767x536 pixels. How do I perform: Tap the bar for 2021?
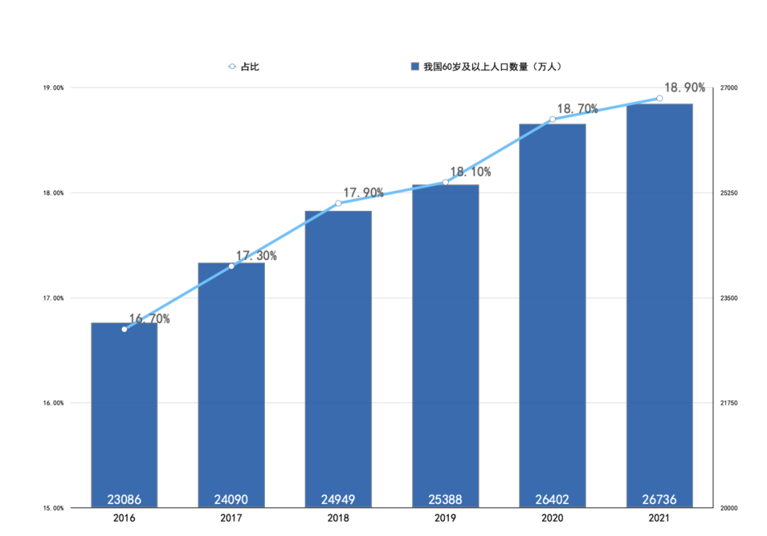(659, 305)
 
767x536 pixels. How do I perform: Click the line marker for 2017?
(232, 266)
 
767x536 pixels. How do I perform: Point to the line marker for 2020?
(553, 119)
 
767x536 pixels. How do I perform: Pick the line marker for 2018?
(338, 204)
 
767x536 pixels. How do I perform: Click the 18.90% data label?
(685, 88)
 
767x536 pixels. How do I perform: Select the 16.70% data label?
(150, 319)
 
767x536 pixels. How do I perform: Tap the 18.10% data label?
(470, 172)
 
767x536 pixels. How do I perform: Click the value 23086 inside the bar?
(124, 499)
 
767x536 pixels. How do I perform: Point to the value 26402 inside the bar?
(552, 499)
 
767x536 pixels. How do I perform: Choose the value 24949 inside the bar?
(338, 499)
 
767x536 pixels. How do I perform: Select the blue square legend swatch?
(415, 67)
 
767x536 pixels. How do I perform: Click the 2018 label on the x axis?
(338, 518)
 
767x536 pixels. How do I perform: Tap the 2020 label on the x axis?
(552, 518)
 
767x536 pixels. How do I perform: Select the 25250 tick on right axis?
(729, 193)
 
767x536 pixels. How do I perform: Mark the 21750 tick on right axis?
(729, 403)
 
